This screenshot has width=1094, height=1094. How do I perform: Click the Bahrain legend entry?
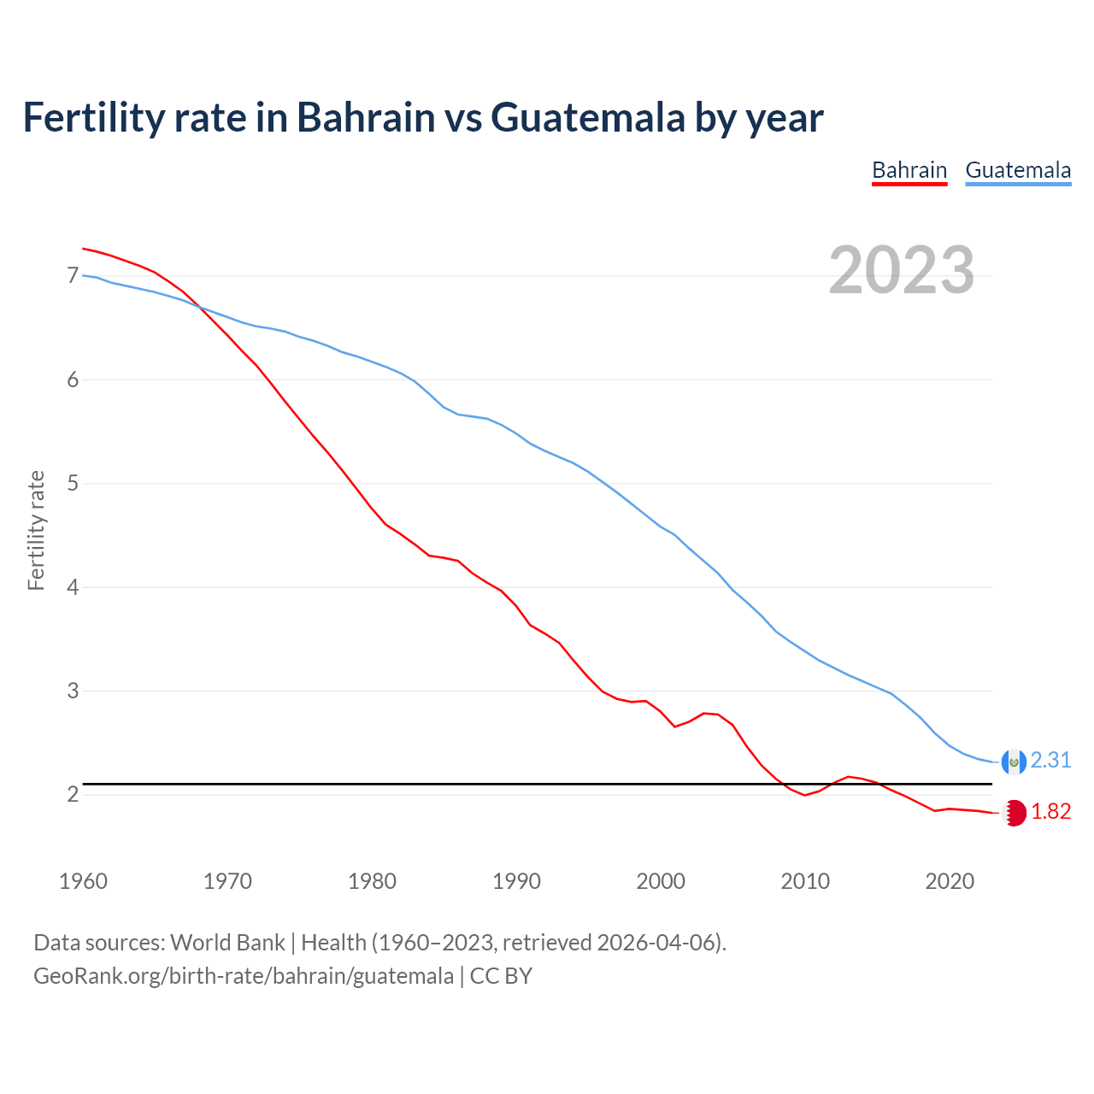[x=909, y=170]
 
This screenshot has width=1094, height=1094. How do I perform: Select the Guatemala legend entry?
[x=1018, y=170]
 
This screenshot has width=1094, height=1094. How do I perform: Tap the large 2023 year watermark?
[x=902, y=270]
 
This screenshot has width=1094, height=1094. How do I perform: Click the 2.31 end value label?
[x=1050, y=760]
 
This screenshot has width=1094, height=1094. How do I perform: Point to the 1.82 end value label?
[x=1050, y=811]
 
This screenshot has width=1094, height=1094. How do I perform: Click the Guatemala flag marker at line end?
[x=1014, y=761]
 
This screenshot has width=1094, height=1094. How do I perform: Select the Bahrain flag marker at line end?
[x=1014, y=813]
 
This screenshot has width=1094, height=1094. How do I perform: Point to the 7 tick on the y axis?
[x=73, y=275]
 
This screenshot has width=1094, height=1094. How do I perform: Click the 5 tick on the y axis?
[x=73, y=484]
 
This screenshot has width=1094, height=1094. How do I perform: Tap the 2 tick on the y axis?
[x=73, y=795]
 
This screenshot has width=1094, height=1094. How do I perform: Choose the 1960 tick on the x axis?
[x=83, y=881]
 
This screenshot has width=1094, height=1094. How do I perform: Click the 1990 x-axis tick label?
[x=516, y=881]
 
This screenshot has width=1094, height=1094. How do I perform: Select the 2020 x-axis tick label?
[x=950, y=881]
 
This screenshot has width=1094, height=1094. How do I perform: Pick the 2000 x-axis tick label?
[x=661, y=881]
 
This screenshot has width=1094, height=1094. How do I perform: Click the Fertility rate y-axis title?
[x=36, y=530]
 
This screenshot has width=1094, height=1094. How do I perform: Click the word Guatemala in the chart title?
[x=588, y=117]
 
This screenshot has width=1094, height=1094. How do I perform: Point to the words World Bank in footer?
[x=227, y=943]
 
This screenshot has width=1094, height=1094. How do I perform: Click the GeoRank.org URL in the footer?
[x=244, y=976]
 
